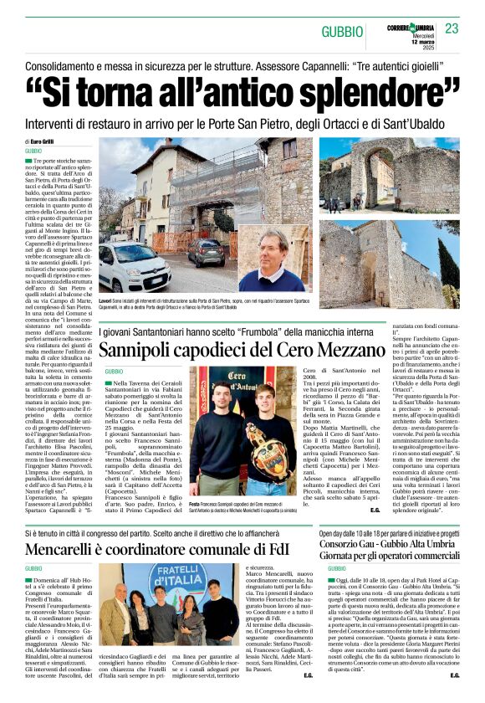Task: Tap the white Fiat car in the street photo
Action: [134, 266]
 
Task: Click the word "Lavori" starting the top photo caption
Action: [105, 300]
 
